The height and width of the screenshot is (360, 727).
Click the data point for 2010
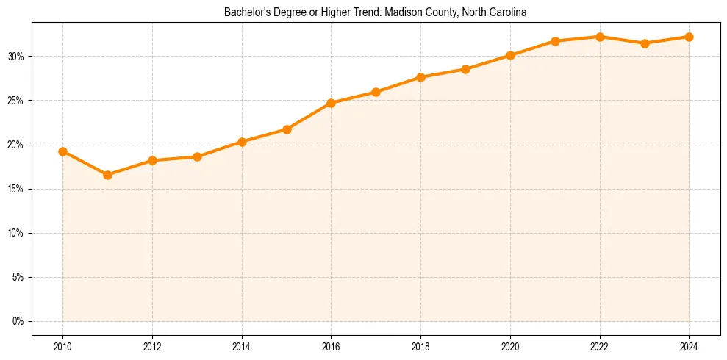[62, 151]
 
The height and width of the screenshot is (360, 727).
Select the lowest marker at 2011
[107, 175]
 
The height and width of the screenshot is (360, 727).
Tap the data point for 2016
[331, 103]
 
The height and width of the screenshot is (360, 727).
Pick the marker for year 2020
[510, 55]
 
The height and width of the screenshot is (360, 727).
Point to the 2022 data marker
[600, 37]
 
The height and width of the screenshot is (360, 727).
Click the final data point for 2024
[689, 37]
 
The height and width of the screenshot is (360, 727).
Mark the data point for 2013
[197, 156]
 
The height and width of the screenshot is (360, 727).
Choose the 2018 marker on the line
[420, 77]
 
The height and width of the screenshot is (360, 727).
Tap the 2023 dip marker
[645, 43]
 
